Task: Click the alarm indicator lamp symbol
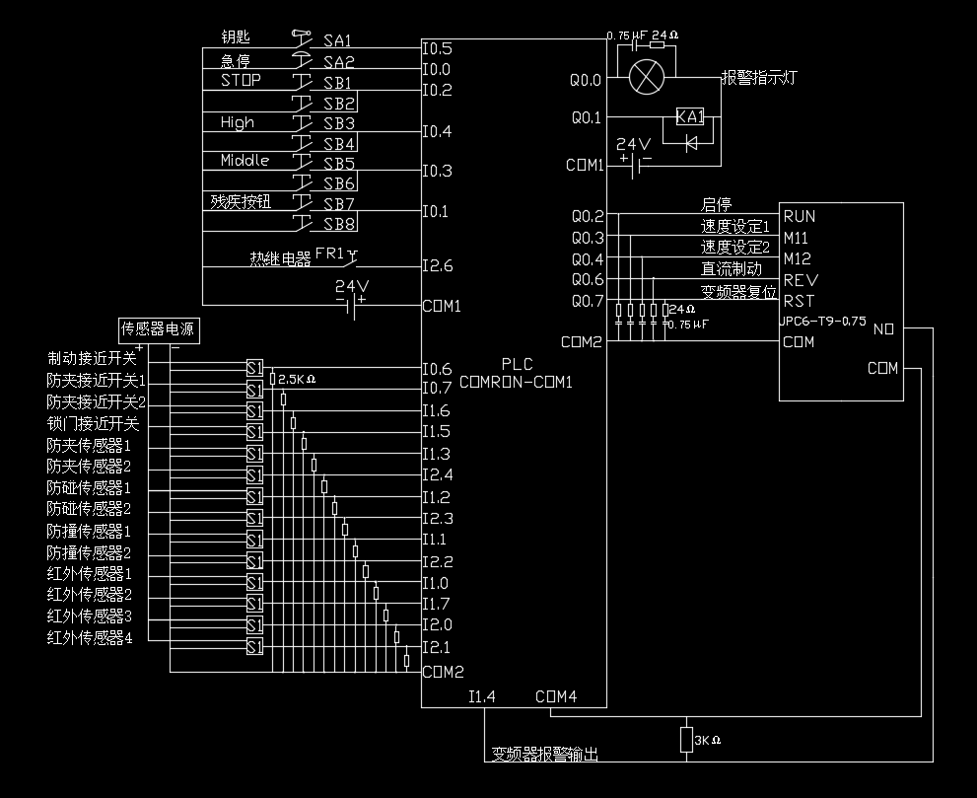click(647, 76)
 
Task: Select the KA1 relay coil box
click(690, 117)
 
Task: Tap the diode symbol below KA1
click(690, 142)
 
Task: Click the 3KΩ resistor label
click(708, 739)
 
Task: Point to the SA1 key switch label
click(338, 41)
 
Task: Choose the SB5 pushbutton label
click(338, 163)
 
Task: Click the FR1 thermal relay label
click(330, 253)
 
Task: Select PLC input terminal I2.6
click(438, 265)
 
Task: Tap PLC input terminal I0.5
click(437, 47)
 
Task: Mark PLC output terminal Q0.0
click(587, 80)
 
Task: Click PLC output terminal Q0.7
click(588, 301)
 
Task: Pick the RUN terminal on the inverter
click(800, 216)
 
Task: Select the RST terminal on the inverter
click(799, 301)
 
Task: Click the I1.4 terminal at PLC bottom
click(482, 696)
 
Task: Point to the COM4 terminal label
click(556, 696)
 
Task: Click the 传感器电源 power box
click(159, 327)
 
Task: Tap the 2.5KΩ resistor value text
click(297, 379)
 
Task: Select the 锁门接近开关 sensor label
click(94, 423)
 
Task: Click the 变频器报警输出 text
click(545, 755)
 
